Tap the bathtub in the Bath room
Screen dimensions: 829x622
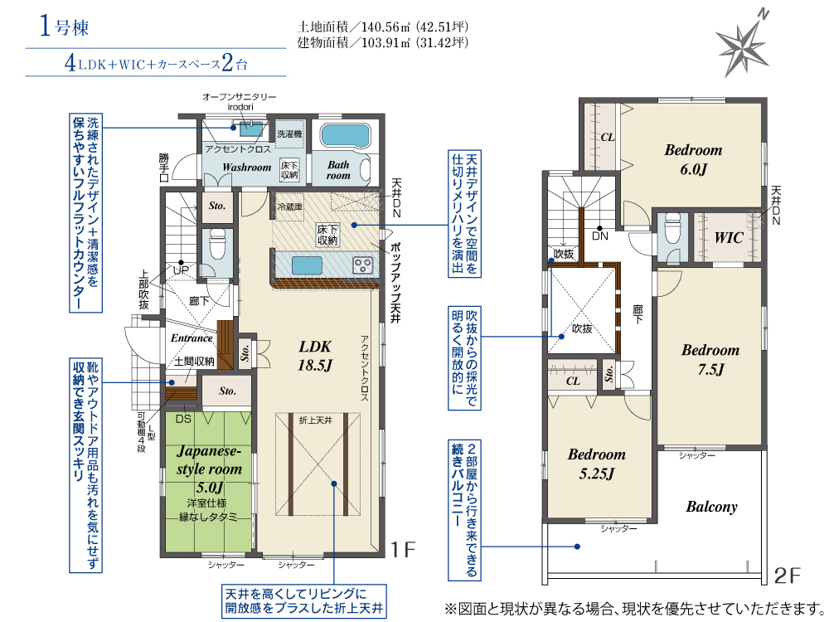coord(345,137)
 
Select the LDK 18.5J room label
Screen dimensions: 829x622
coord(315,356)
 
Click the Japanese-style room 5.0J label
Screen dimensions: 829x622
coord(209,469)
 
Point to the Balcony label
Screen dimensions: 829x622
coord(711,507)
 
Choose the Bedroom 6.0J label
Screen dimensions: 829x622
coord(693,160)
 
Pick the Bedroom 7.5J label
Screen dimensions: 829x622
coord(710,360)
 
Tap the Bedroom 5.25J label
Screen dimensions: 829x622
coord(596,464)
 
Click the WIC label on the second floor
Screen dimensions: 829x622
coord(729,237)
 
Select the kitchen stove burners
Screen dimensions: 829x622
coord(363,265)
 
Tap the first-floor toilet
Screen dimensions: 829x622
coord(217,245)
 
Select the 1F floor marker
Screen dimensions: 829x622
coord(404,550)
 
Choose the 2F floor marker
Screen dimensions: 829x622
coord(788,576)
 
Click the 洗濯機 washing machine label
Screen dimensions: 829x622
coord(289,134)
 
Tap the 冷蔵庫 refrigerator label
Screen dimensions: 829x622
coord(289,207)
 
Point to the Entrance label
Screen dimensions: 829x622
coord(191,338)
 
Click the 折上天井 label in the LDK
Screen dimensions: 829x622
coord(316,420)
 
